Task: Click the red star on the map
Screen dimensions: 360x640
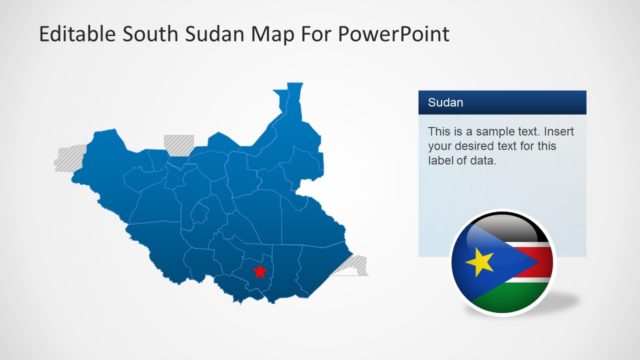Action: click(x=259, y=271)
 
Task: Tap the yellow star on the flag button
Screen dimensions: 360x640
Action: click(x=479, y=262)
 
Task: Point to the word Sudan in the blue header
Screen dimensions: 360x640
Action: click(x=445, y=103)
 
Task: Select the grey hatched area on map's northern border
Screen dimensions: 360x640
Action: click(x=179, y=142)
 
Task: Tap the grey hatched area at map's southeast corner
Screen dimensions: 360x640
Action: click(x=356, y=265)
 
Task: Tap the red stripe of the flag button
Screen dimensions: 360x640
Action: click(x=525, y=263)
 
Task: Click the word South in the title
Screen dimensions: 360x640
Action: click(x=149, y=34)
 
